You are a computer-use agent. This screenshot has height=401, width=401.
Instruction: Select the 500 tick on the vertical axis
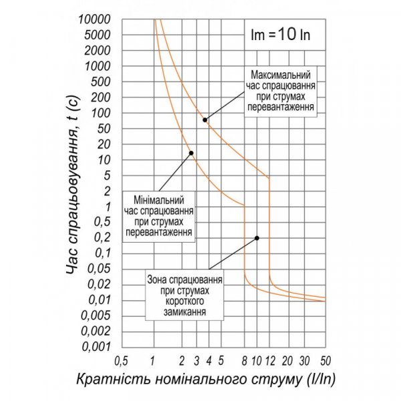(x=102, y=82)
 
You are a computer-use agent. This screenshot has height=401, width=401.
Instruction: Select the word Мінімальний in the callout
(x=159, y=199)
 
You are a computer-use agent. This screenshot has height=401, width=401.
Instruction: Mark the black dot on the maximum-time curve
(x=205, y=120)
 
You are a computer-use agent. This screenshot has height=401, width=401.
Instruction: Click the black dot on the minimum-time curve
(x=191, y=153)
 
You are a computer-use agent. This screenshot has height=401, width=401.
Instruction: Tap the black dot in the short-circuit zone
(x=257, y=238)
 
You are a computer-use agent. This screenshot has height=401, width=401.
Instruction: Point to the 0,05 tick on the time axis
(x=98, y=269)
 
